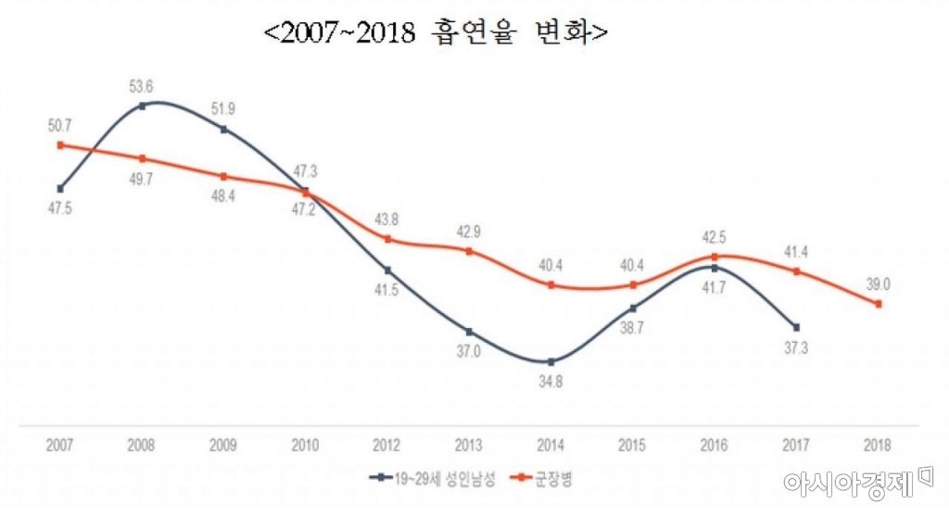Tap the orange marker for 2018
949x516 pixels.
pos(878,304)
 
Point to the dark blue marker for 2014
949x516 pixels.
pos(550,361)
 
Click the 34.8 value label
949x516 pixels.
pos(550,382)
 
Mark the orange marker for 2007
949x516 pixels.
pos(60,145)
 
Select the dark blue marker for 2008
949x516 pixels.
pos(142,106)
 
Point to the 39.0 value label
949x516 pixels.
pos(879,284)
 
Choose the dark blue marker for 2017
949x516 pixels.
pos(796,326)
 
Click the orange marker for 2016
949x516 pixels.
pos(714,256)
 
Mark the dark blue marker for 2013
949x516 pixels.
pos(469,331)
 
